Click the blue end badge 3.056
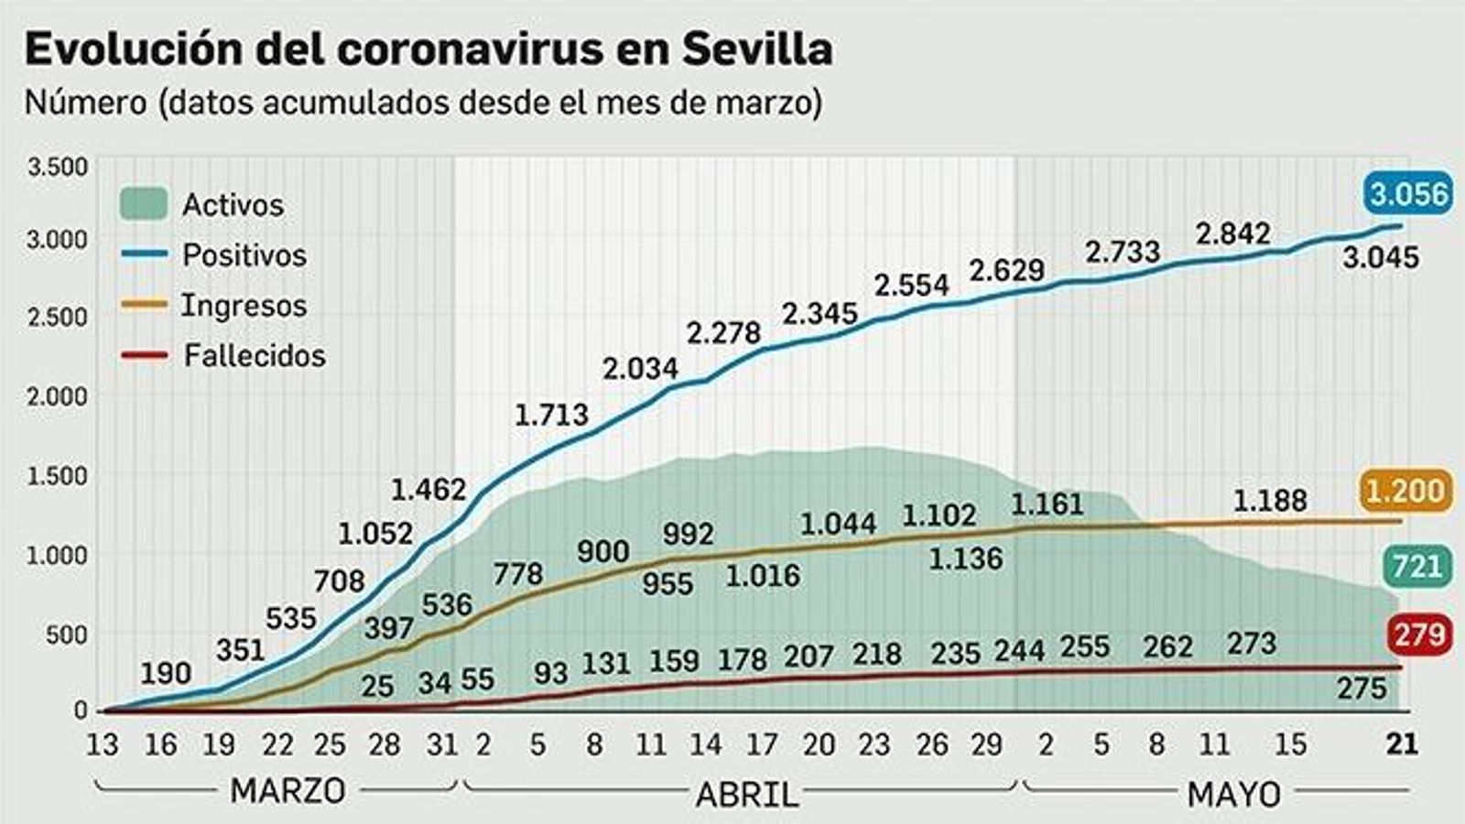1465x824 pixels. coord(1408,194)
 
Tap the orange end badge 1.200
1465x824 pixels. coord(1405,492)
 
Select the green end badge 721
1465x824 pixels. coord(1416,567)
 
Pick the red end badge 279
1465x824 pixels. coord(1420,634)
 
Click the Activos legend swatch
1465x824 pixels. coord(143,204)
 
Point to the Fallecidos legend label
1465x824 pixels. coord(254,355)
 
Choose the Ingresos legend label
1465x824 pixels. coord(244,305)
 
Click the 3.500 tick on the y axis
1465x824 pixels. coord(58,168)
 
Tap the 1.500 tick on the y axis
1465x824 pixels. coord(58,476)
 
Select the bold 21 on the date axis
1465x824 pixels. coord(1401,744)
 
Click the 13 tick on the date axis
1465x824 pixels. coord(103,744)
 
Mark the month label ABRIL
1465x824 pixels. coord(746,794)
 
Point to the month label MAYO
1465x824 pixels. coord(1233,794)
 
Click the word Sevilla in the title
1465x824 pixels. coord(756,49)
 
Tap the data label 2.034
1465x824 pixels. coord(640,369)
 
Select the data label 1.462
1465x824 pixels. coord(429,490)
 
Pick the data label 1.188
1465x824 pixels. coord(1270,501)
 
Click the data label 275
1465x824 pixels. coord(1362,688)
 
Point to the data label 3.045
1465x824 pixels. coord(1381,257)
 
